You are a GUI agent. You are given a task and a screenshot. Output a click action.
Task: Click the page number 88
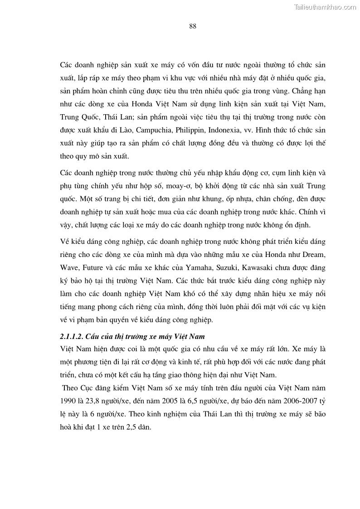coord(193,26)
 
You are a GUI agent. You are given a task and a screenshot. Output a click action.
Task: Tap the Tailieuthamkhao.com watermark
coord(325,7)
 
